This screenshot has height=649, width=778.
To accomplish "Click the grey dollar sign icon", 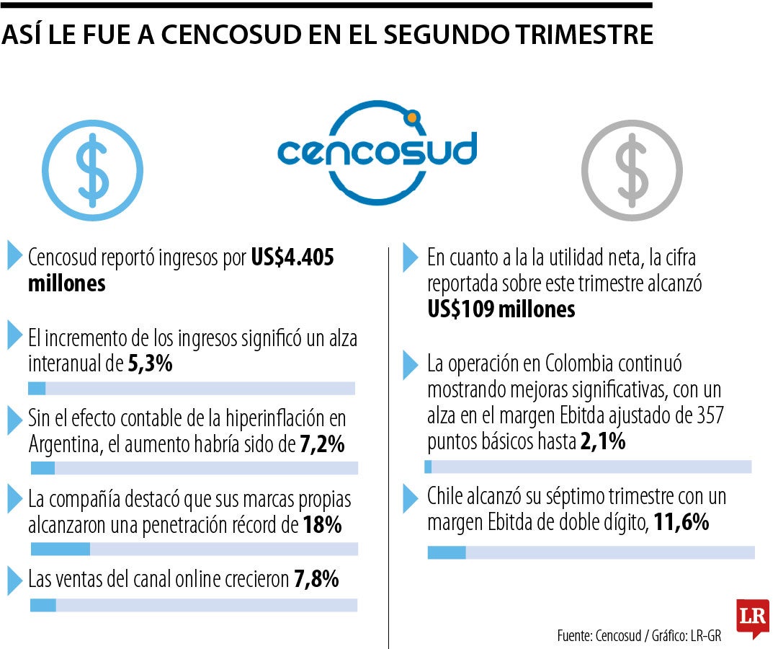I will [632, 170].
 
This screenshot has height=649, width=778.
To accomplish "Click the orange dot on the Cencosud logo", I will [412, 116].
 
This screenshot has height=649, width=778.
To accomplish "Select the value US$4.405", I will [292, 257].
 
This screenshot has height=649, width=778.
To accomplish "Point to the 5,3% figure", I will [150, 363].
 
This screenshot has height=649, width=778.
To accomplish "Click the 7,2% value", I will [321, 445].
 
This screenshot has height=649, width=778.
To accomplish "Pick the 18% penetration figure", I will [322, 525].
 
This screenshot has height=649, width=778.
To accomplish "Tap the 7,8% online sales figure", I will [316, 578].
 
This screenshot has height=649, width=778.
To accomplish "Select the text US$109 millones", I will [501, 309].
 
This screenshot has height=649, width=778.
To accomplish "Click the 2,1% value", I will [602, 442].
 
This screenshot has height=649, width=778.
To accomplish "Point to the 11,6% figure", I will [681, 522].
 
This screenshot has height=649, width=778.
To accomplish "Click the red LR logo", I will [752, 617].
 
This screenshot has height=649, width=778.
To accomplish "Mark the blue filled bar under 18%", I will [61, 549].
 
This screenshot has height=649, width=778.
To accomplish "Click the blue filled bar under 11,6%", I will [447, 552].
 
